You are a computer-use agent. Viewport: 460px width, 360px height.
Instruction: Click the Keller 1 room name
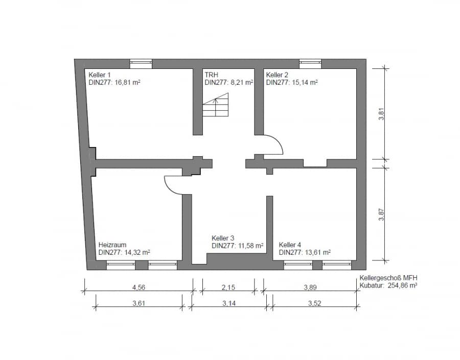coord(100,75)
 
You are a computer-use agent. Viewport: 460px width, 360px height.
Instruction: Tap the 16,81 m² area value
coord(128,82)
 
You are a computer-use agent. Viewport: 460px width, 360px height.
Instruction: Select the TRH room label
coord(212,75)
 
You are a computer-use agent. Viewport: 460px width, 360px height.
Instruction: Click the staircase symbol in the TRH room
coord(215,105)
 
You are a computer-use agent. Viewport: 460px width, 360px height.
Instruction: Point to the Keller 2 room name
coord(277,75)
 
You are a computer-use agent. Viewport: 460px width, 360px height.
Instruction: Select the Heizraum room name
coord(112,245)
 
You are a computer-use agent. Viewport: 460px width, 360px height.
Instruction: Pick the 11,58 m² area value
coord(250,246)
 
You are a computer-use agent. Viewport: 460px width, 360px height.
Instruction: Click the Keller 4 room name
coord(290,245)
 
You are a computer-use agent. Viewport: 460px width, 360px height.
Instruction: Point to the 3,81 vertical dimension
coord(381,114)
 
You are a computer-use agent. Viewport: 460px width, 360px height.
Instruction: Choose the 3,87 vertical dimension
coord(381,214)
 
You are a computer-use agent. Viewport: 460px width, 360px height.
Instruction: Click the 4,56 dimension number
coord(139,287)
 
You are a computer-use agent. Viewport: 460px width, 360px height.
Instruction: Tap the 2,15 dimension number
coord(228,287)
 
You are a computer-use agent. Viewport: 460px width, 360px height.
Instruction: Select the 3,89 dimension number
coord(310,287)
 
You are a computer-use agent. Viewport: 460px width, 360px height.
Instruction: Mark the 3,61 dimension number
coord(139,303)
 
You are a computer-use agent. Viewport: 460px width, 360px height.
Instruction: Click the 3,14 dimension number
coord(229,303)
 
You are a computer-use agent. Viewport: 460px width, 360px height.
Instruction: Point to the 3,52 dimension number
coord(314,303)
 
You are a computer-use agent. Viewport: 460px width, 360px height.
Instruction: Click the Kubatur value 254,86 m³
coord(403,285)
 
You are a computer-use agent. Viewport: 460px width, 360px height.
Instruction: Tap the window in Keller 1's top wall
coord(141,64)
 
